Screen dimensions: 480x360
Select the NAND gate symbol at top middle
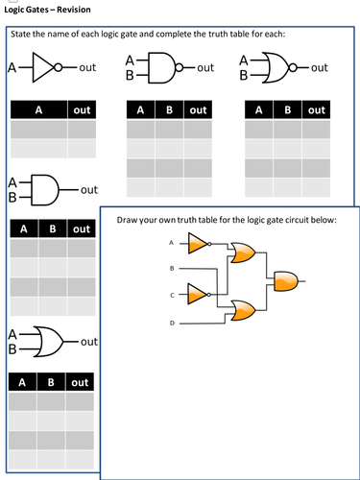[x=167, y=68]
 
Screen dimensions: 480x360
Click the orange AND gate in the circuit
[x=286, y=281]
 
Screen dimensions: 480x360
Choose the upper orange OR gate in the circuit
[x=241, y=254]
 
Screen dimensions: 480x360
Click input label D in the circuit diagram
[x=173, y=323]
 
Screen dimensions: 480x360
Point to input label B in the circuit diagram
[x=173, y=268]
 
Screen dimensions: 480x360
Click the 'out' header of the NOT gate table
[x=83, y=110]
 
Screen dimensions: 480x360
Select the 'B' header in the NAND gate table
[x=169, y=110]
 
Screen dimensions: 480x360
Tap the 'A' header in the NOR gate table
[x=258, y=110]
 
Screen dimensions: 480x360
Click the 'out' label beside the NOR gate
[x=320, y=68]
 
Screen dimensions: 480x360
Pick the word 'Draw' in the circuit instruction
[x=128, y=221]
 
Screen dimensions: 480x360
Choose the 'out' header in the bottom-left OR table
[x=80, y=382]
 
